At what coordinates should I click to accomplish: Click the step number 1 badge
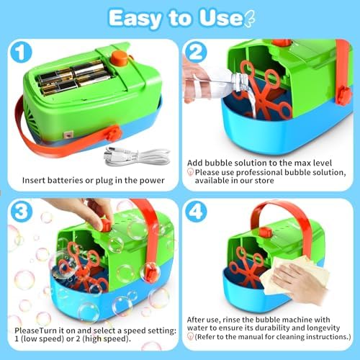pos(21,53)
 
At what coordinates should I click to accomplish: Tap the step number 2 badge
pos(196,53)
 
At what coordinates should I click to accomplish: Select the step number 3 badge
pos(22,211)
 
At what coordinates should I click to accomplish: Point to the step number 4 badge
pos(196,211)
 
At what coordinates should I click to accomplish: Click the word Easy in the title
pos(135,19)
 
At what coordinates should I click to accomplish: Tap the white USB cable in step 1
pos(136,156)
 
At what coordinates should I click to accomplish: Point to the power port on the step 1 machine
pos(68,135)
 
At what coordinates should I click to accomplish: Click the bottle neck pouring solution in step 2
pos(240,81)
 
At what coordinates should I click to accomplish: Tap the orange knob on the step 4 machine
pos(266,233)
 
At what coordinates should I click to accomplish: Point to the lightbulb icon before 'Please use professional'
pos(190,172)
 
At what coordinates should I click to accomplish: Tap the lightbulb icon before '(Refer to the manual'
pos(190,336)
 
